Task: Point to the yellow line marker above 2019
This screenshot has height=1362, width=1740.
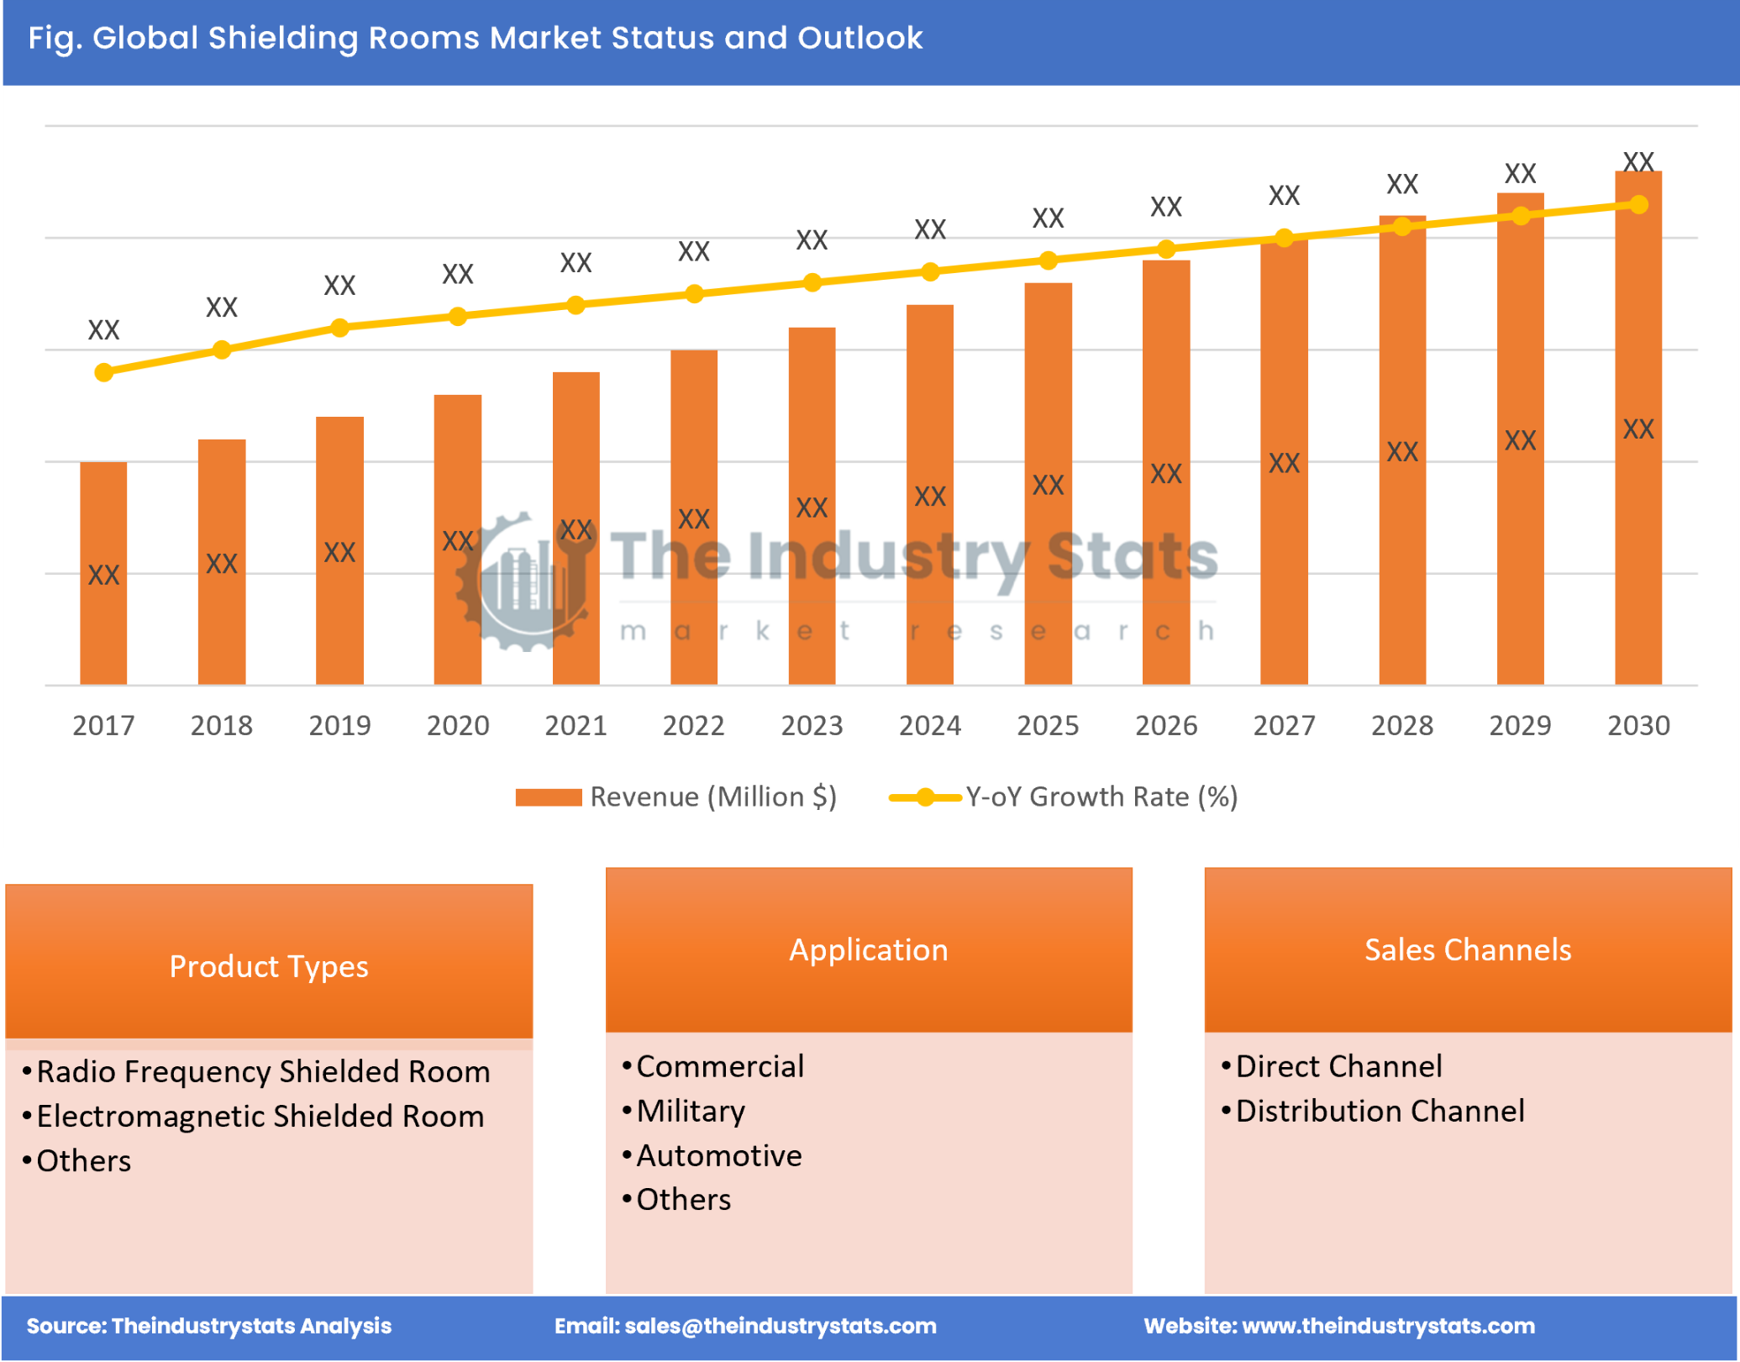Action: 339,328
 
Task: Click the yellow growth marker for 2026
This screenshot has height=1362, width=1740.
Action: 1165,249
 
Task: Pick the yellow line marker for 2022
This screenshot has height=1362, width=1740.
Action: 693,294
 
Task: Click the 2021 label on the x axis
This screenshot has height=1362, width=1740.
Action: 576,725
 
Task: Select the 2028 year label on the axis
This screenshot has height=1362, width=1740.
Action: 1401,725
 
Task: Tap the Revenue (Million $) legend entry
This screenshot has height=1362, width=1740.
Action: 675,797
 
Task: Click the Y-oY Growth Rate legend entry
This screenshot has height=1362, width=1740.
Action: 1063,797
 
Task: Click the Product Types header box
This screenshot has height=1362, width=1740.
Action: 269,965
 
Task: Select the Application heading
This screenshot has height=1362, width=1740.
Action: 868,949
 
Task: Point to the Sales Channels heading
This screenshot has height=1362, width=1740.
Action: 1467,949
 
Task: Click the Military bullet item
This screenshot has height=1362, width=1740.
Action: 690,1111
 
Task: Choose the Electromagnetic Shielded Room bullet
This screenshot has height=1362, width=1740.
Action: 260,1116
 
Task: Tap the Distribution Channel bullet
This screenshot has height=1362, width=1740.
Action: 1379,1111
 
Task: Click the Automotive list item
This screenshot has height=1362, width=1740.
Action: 718,1155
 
